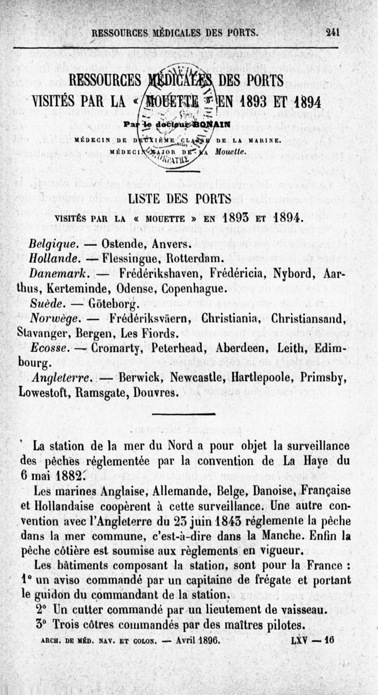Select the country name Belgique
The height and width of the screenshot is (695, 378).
coord(52,245)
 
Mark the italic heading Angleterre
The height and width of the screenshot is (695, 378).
coord(63,378)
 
